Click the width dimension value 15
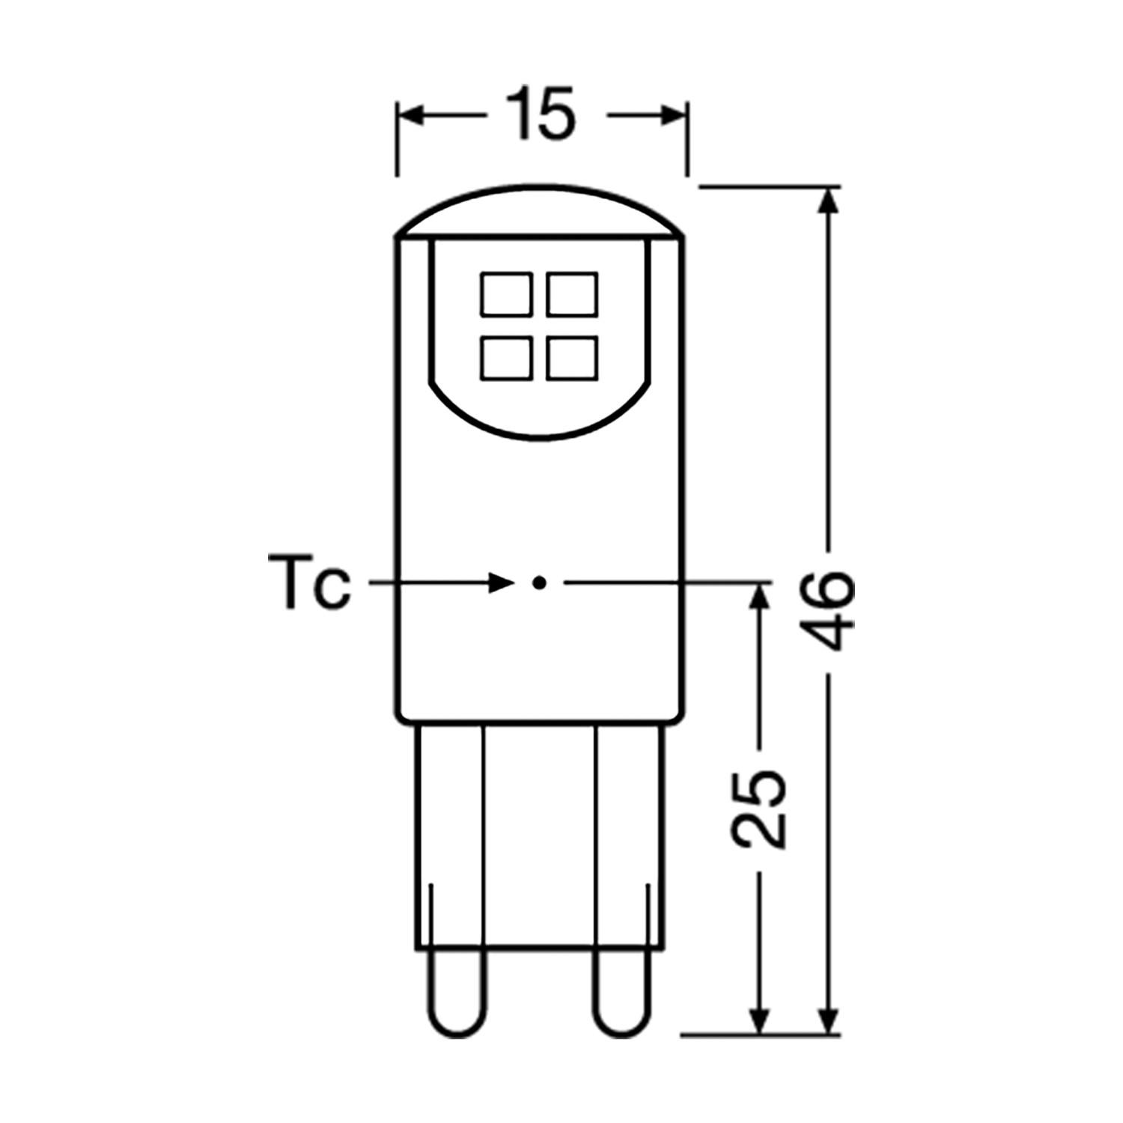[541, 114]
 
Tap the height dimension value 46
[832, 611]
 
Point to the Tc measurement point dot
[538, 582]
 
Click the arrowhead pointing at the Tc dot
[499, 582]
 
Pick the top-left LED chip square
[507, 293]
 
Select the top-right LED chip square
[573, 293]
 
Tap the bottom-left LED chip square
[507, 358]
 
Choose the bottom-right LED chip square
[573, 358]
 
